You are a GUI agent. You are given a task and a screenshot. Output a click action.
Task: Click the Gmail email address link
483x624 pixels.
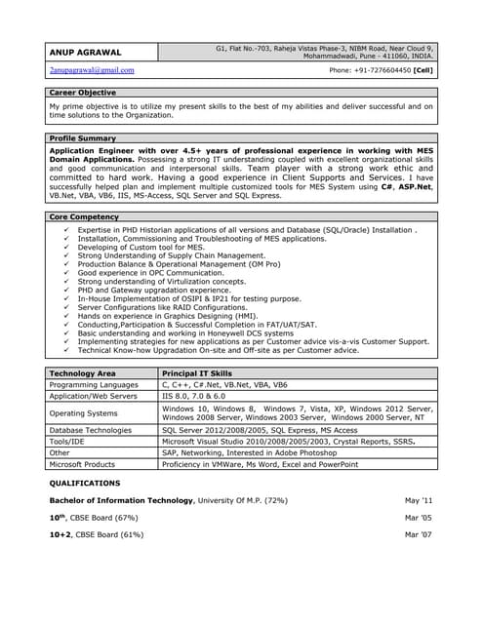pyautogui.click(x=92, y=70)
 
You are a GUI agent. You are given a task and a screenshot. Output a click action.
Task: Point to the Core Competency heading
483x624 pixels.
pyautogui.click(x=84, y=215)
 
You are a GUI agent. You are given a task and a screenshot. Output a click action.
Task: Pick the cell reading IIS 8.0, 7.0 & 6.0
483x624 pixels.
pyautogui.click(x=199, y=397)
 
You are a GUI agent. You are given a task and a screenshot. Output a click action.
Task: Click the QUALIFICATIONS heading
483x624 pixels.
pyautogui.click(x=85, y=483)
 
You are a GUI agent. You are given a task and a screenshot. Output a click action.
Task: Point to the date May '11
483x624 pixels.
pyautogui.click(x=419, y=500)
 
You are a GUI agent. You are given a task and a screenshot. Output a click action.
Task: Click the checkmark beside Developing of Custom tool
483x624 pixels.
pyautogui.click(x=65, y=248)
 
